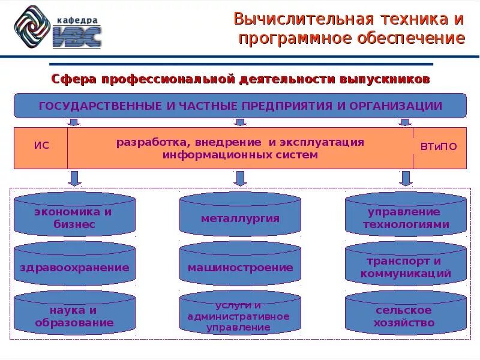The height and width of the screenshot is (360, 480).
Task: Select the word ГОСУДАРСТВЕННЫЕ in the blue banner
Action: point(100,106)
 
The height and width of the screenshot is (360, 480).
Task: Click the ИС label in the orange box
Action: point(41,146)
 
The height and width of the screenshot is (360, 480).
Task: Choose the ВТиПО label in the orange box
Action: point(439,146)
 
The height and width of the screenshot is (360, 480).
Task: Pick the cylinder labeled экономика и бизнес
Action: point(74,216)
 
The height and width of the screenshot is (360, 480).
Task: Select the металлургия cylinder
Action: point(240,216)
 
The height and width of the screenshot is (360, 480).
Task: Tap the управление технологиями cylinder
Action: point(406,216)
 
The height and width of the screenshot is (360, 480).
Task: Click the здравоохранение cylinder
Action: point(74,266)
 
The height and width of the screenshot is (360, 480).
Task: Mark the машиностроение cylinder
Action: point(240,266)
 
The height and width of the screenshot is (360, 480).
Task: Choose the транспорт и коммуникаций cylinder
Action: point(406,266)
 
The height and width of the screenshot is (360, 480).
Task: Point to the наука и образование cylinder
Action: point(74,315)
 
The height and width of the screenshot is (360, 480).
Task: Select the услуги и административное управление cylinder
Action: point(240,315)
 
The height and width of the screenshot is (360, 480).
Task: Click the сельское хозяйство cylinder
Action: point(406,315)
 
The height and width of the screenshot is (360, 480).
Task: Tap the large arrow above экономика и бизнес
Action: point(75,178)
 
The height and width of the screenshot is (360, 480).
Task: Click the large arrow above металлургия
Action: point(240,178)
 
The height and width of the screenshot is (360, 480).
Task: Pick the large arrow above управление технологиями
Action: point(406,178)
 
